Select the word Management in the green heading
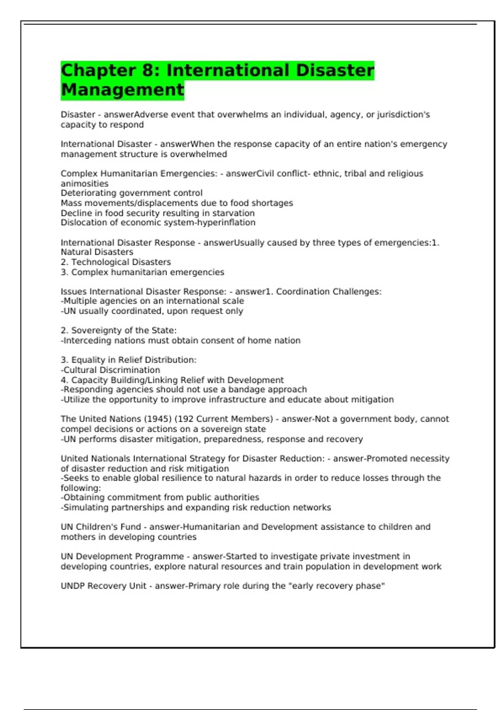122,90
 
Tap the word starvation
234,213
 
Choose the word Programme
159,557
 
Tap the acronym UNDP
73,586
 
